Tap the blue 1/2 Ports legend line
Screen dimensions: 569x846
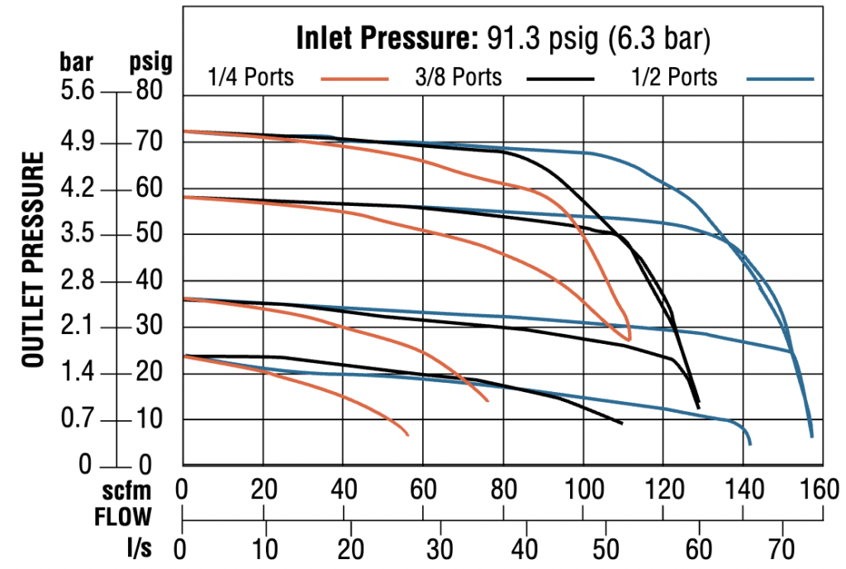coord(780,79)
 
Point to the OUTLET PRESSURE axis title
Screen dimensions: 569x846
coord(33,260)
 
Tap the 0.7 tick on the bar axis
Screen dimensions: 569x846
coord(80,421)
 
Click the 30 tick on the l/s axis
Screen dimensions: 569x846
coord(439,547)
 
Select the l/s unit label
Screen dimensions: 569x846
coord(139,547)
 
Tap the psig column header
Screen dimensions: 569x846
coord(150,63)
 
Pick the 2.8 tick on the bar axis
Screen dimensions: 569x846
coord(80,281)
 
